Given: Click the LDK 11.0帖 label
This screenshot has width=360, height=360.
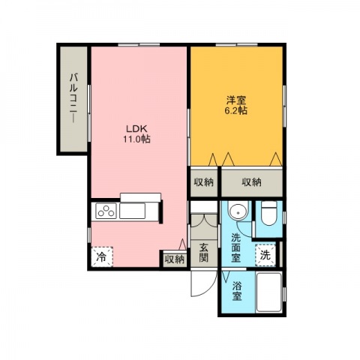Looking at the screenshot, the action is pos(136,133).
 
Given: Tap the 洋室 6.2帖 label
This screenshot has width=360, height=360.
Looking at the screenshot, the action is pos(236,106).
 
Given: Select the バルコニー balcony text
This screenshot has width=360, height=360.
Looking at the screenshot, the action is pos(73,98).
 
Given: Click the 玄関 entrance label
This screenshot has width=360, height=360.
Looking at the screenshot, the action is pos(204,252).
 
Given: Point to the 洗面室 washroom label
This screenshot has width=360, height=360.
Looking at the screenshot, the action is pos(235,247).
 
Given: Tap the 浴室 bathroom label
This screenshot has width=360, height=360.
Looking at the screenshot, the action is pos(237,291).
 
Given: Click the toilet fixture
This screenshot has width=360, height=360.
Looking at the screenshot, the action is pos(268,213).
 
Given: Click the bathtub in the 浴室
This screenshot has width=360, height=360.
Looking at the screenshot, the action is pos(269,292).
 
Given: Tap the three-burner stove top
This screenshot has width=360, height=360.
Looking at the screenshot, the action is pos(106,211).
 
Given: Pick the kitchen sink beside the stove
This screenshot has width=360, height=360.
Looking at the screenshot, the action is pos(132,211).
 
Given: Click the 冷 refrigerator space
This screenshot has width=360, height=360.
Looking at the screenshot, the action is pos(102,256).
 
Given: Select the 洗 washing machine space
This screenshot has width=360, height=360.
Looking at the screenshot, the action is pos(265,255).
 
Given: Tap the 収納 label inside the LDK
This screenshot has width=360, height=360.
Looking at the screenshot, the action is pos(175,259).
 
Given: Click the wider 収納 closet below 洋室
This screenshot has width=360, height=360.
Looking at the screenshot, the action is pos(252,183).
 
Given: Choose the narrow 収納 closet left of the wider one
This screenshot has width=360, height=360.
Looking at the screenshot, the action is pos(204,183).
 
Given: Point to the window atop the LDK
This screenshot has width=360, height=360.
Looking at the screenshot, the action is pos(139,45).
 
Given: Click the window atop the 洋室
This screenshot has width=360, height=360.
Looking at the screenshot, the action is pos(236,45).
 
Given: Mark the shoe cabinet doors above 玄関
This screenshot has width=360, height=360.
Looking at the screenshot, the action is pos(204,220).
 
